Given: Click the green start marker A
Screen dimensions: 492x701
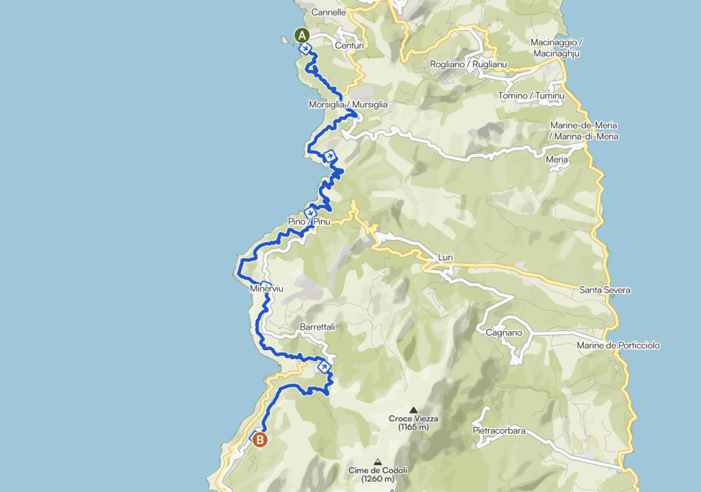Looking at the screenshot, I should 302,35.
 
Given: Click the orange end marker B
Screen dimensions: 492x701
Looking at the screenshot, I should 260,440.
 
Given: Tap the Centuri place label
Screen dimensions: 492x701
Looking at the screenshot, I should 348,46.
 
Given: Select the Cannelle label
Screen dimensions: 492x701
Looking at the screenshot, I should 327,12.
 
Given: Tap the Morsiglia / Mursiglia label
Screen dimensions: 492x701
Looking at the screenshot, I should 348,105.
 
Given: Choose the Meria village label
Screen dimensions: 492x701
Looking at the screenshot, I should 557,160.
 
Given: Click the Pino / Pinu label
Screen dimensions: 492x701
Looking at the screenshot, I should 309,222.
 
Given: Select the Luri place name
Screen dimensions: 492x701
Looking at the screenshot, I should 445,259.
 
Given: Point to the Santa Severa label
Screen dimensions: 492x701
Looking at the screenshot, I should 604,291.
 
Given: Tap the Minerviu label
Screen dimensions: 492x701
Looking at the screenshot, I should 267,290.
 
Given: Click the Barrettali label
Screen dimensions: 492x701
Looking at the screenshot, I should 317,328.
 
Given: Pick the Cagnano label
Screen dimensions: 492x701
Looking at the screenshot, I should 504,333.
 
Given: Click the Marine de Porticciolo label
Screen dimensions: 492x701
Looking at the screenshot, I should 618,345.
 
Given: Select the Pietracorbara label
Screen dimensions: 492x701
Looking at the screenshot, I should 499,431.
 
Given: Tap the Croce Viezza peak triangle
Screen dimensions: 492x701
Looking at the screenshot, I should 413,409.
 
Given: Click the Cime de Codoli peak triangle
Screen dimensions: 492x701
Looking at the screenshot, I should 377,461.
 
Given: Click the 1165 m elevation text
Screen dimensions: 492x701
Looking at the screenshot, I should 413,428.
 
